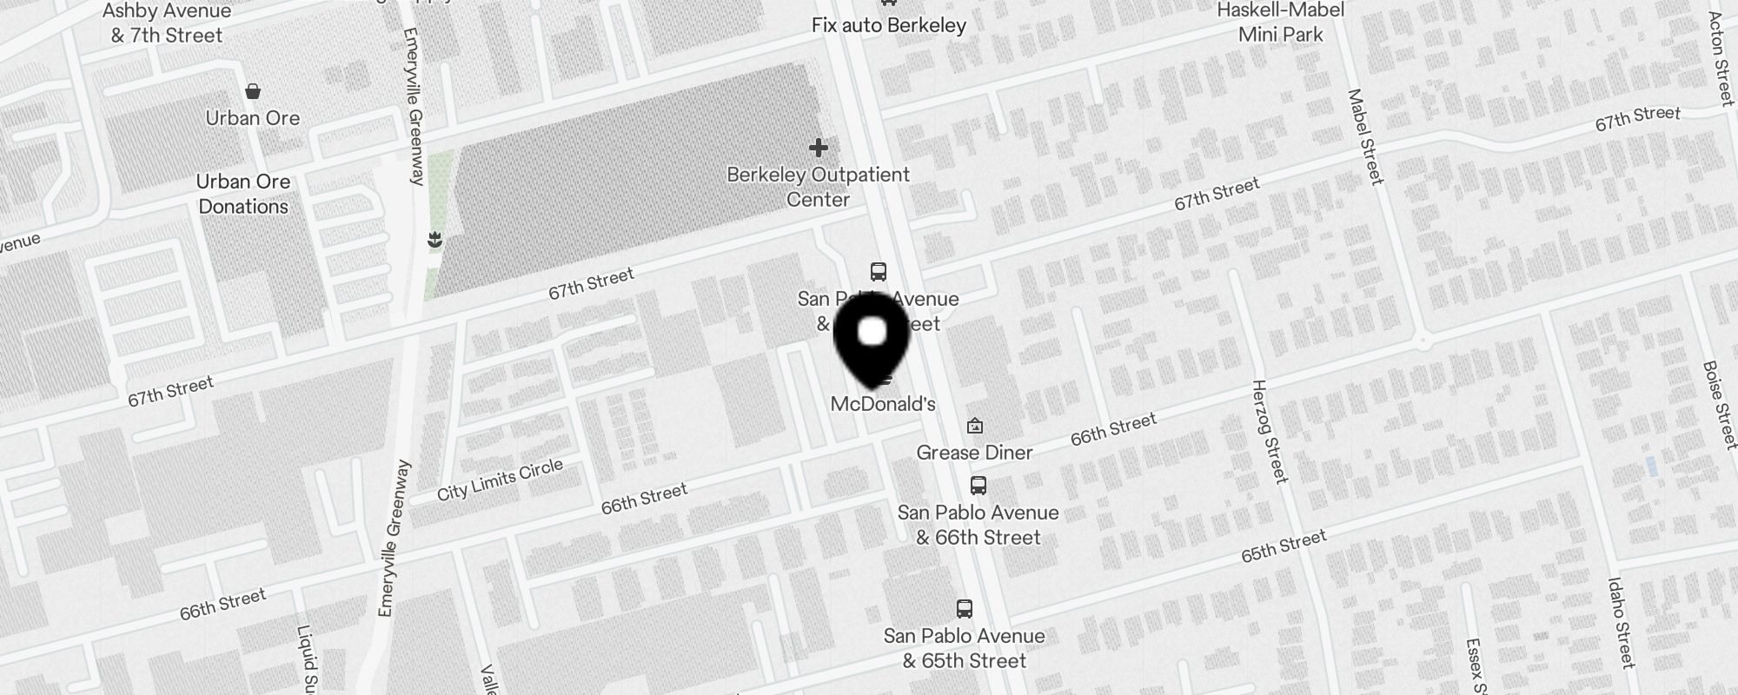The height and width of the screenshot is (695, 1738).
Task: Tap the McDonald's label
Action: click(x=883, y=404)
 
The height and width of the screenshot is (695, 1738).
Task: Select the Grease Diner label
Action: click(x=974, y=453)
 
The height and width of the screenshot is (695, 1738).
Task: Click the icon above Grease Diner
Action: click(x=975, y=426)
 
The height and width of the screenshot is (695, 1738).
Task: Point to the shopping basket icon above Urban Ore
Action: click(x=253, y=91)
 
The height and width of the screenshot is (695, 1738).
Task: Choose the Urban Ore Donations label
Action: click(x=243, y=194)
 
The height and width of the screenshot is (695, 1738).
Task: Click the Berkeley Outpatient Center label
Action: click(x=818, y=187)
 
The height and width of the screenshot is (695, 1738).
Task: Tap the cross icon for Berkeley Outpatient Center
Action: click(x=818, y=148)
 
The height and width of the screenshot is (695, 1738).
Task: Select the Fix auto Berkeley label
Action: click(x=889, y=25)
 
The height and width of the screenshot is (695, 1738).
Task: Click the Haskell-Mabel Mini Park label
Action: click(x=1281, y=23)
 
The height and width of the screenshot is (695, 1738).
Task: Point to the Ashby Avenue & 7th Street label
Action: click(x=167, y=23)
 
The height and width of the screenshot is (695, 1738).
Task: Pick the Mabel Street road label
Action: click(x=1364, y=136)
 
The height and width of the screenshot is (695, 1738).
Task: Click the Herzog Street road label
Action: click(x=1269, y=431)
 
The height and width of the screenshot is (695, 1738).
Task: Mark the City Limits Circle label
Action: click(x=500, y=480)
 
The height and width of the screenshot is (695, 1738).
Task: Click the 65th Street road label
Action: click(x=1284, y=546)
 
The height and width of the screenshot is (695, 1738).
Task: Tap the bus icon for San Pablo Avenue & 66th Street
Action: click(x=978, y=486)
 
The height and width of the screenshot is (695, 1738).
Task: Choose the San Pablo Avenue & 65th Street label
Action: click(x=965, y=648)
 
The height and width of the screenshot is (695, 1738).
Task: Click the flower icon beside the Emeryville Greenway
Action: click(x=435, y=240)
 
